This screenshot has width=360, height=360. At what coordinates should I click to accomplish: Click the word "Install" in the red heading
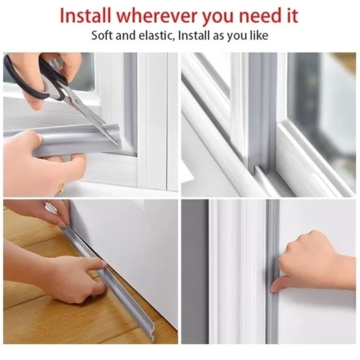point(86,16)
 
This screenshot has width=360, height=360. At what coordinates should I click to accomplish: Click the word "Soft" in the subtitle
point(102,36)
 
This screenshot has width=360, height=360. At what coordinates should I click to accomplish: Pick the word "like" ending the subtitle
point(259,36)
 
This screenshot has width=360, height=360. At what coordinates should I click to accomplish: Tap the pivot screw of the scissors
point(77,102)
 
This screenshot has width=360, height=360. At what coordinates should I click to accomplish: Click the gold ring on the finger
point(63,186)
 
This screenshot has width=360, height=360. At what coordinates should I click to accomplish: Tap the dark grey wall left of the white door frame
point(195,271)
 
